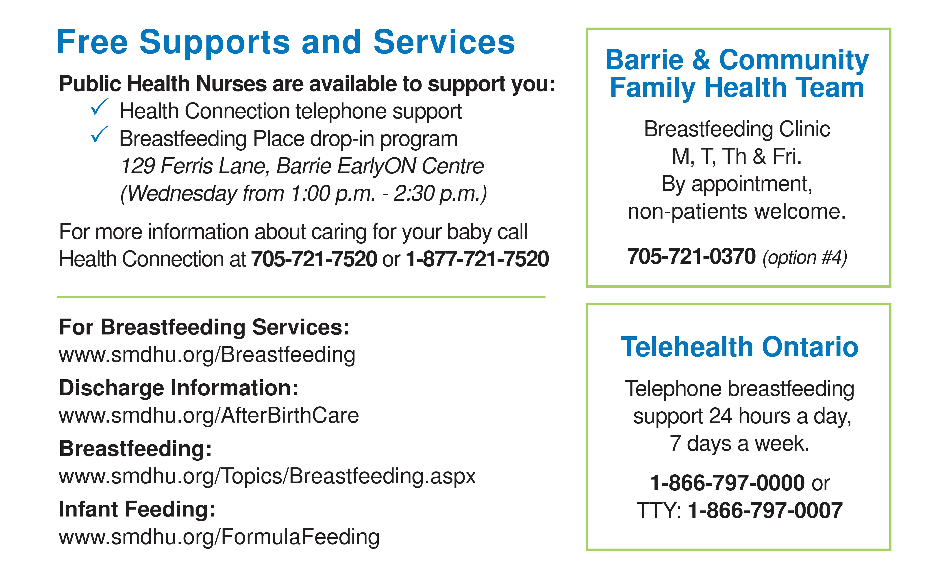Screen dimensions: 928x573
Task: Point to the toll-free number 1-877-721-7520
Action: click(477, 259)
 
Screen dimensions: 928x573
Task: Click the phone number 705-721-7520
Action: click(314, 259)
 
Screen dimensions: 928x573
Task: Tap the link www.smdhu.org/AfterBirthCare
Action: click(209, 415)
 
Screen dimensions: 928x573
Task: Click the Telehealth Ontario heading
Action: click(739, 347)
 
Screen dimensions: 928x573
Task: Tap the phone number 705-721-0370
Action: click(691, 256)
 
